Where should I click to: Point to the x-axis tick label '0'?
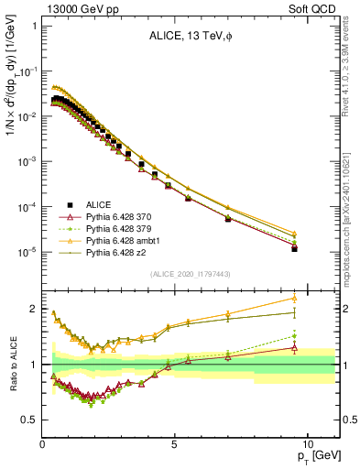[x=43, y=442]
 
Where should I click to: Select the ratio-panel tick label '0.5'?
[x=28, y=420]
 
